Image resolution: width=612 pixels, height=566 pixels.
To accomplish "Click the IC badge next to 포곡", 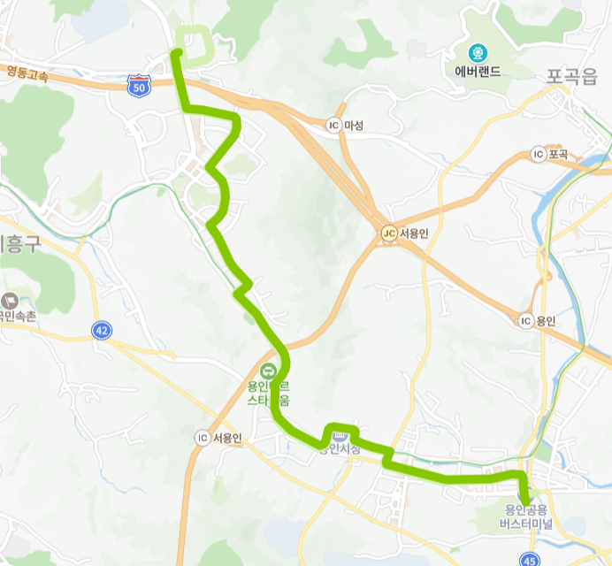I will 538,155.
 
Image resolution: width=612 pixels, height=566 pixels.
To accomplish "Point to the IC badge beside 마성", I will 333,125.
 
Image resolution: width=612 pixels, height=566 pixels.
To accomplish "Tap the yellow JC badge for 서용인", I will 387,233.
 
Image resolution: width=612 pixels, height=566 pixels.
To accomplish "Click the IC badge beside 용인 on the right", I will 525,320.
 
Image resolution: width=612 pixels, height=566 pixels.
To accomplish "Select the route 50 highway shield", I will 138,86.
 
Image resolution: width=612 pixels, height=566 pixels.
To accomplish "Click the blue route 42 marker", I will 102,331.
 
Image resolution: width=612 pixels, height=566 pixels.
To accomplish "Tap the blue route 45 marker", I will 529,559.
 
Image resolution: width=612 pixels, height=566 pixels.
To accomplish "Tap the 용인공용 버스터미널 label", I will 528,516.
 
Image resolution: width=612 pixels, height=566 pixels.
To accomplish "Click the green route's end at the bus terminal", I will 525,501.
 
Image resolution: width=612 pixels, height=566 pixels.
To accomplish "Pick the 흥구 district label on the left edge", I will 19,243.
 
